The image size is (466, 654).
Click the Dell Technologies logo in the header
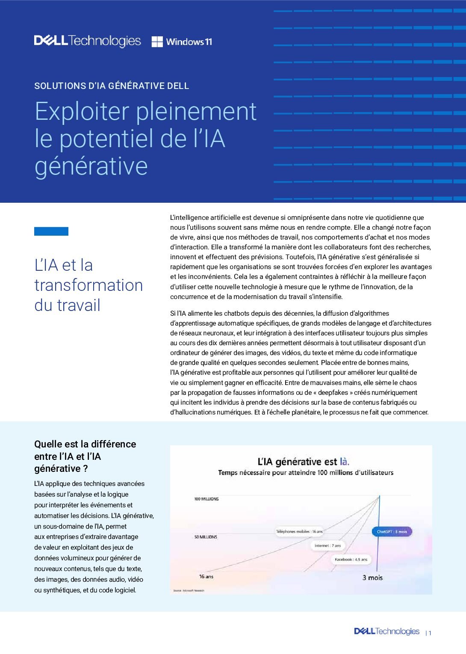click(x=87, y=41)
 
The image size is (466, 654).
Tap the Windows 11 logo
click(x=182, y=41)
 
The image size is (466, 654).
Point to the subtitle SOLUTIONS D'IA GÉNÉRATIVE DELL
click(x=112, y=86)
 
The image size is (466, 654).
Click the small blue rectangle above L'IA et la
click(x=51, y=231)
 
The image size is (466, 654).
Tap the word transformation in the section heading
click(x=88, y=285)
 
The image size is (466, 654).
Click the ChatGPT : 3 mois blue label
click(x=392, y=532)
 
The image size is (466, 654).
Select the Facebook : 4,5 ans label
click(x=351, y=559)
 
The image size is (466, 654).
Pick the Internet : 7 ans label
click(x=327, y=545)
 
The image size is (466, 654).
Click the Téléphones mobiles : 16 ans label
click(x=299, y=531)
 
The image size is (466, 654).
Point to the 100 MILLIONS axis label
click(x=206, y=499)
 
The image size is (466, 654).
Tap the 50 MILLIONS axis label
click(x=206, y=537)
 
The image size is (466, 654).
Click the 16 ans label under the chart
click(x=206, y=577)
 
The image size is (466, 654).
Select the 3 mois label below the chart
click(x=372, y=577)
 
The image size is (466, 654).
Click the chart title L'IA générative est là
click(x=303, y=462)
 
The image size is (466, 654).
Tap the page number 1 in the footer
click(x=430, y=633)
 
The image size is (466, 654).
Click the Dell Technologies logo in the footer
click(x=386, y=631)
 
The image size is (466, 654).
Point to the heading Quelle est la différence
click(x=85, y=444)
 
